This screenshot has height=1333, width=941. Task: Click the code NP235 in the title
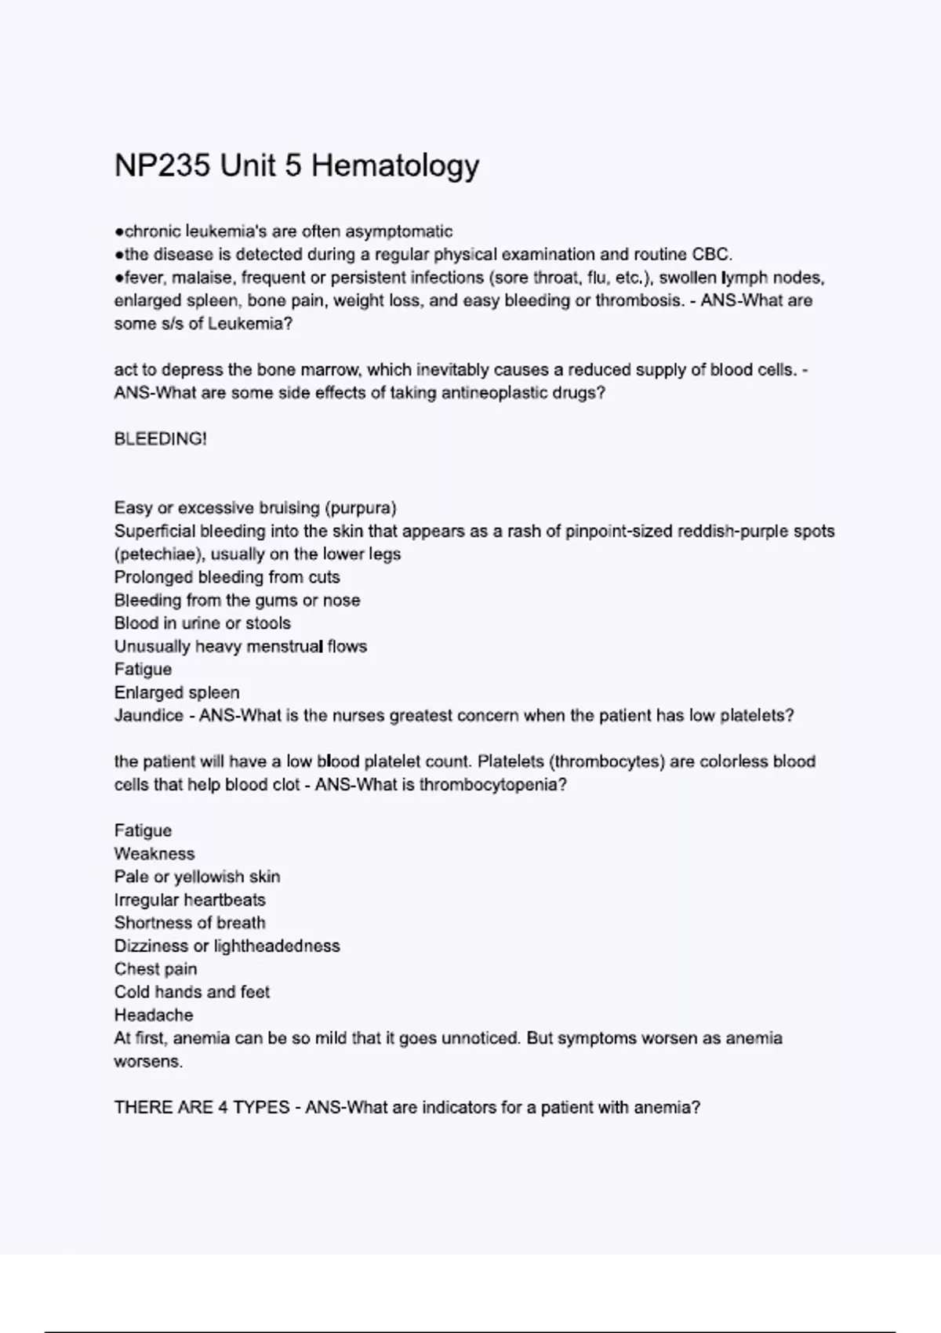(x=162, y=165)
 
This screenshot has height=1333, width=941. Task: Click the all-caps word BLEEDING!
(x=161, y=439)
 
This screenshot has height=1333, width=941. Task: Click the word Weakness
(x=154, y=854)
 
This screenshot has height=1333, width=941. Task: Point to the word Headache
(x=154, y=1015)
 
